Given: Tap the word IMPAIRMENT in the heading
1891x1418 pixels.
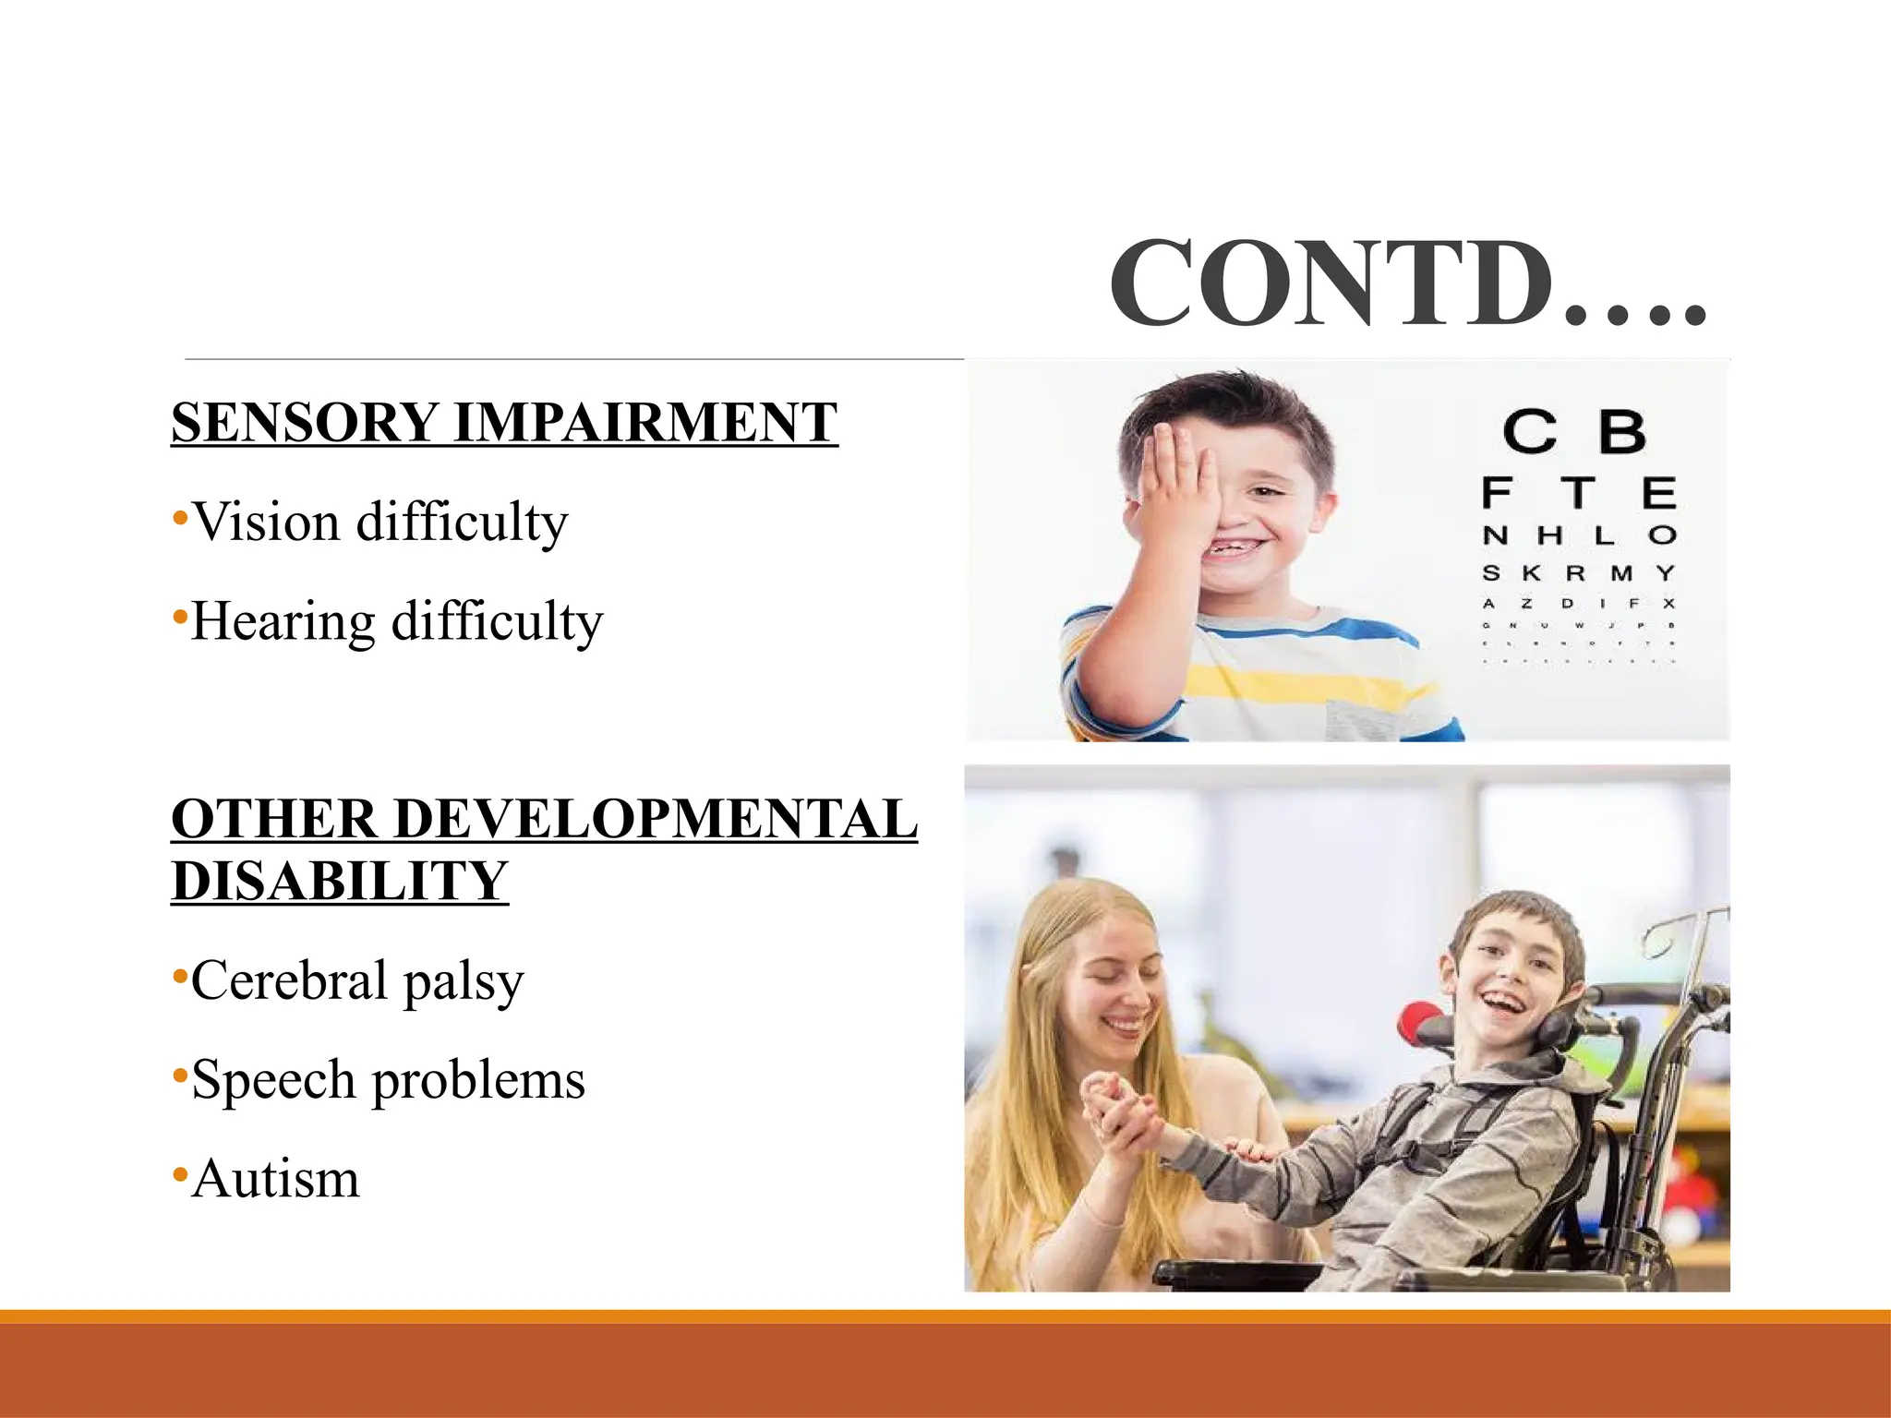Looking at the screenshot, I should point(645,423).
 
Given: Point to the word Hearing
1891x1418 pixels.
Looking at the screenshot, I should point(283,621).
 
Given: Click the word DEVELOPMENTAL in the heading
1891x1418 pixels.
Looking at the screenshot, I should point(656,819).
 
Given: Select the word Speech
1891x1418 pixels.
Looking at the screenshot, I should point(273,1080).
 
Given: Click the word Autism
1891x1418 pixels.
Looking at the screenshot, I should point(275,1179).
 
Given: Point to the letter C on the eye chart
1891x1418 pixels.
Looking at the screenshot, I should point(1529,432).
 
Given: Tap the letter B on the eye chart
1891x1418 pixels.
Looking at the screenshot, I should point(1620,432).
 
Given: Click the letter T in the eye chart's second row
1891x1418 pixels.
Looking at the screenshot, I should point(1578,493).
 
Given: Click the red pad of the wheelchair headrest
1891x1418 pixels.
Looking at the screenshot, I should point(1418,1024).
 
